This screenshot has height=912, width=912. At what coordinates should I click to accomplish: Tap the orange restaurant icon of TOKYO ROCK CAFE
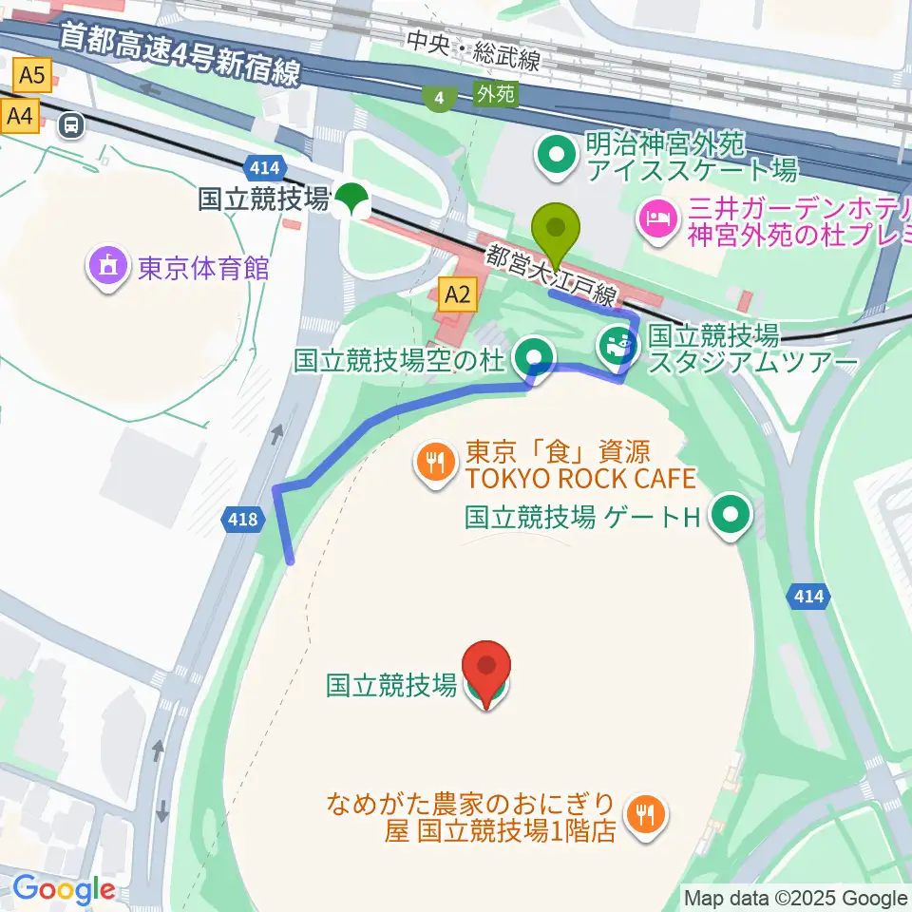tap(436, 463)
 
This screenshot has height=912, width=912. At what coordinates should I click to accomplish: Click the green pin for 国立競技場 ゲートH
tap(731, 517)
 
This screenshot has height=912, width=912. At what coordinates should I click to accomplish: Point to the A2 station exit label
tap(458, 294)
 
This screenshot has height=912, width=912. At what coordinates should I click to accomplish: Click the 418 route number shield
tap(242, 519)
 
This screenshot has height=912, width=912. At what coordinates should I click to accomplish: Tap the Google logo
tap(64, 889)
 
